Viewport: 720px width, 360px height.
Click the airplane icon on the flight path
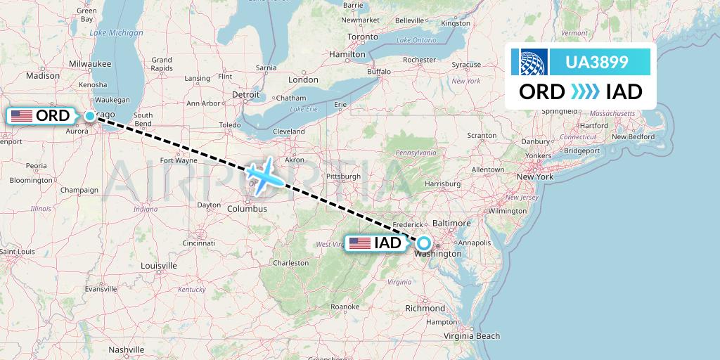point(265,174)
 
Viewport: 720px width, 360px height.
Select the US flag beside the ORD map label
point(22,116)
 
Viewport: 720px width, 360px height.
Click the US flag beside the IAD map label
point(359,243)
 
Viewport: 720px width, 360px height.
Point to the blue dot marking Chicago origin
point(90,116)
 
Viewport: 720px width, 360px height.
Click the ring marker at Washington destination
point(424,243)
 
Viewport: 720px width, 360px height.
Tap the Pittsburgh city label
point(342,175)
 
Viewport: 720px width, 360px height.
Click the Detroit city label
point(246,94)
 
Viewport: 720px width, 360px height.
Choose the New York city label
point(535,176)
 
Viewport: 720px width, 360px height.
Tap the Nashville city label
point(127,349)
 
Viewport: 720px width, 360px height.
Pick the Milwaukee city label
point(90,63)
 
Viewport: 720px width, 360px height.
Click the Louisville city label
point(159,266)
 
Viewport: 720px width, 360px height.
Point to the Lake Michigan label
point(116,33)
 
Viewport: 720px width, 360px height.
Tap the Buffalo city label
point(378,71)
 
